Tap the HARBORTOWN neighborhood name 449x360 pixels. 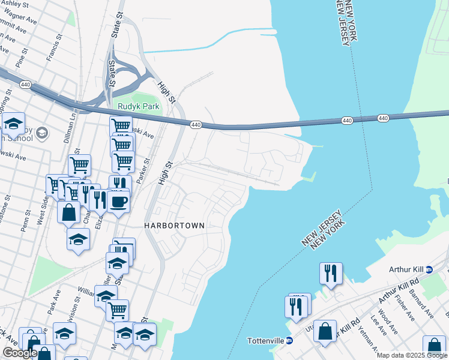(x=174, y=226)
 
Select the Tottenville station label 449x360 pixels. (x=265, y=341)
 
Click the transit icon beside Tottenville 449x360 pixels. (x=289, y=341)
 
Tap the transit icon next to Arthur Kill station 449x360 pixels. (x=429, y=269)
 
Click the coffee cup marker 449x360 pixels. (x=118, y=201)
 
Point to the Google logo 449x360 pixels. (x=20, y=353)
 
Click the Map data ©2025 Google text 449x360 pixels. (x=412, y=355)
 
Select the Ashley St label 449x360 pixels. (x=17, y=3)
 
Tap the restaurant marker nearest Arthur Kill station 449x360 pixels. (x=331, y=274)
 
